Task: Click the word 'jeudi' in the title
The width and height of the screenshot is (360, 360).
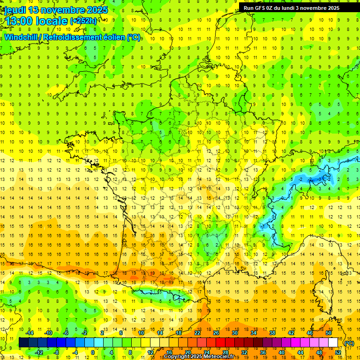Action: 15,10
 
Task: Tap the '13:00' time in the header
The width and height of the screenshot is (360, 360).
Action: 17,21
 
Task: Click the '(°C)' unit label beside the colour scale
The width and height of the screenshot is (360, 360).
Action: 349,343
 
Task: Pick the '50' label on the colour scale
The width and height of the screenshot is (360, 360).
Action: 329,333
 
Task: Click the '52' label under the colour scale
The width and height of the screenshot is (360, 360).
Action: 338,352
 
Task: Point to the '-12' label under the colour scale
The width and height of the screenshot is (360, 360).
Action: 39,352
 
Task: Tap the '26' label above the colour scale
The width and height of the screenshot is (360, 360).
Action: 216,333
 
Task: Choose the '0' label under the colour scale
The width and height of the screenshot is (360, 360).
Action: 93,352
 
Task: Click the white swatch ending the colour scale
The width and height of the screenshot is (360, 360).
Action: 333,343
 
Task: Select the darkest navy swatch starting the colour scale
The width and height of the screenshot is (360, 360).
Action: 23,343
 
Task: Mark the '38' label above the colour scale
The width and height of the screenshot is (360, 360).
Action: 272,333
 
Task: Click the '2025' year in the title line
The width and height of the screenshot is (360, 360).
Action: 97,10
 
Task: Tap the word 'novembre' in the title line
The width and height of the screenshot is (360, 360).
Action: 63,10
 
